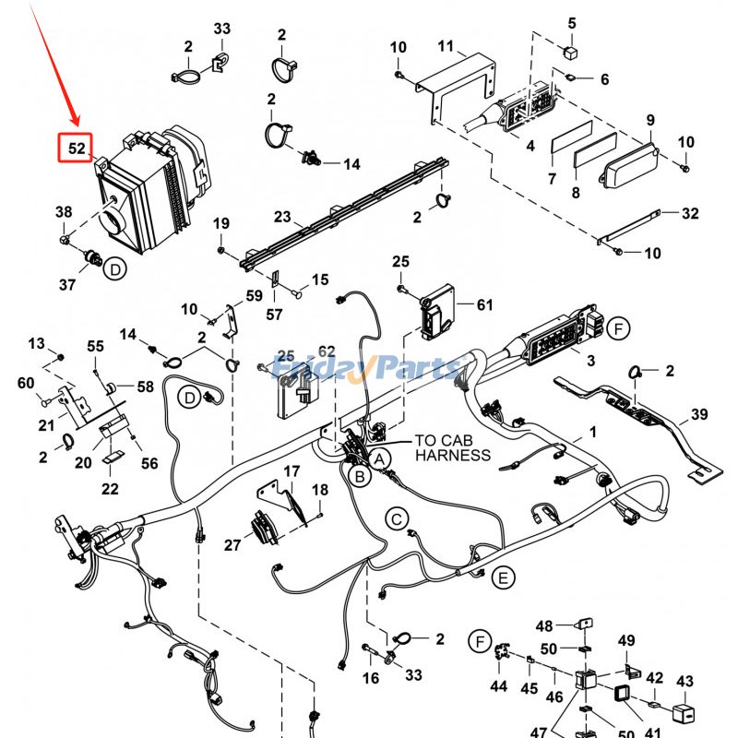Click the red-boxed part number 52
click(x=76, y=148)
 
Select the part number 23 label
click(x=282, y=218)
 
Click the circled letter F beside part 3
click(x=619, y=328)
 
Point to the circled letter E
click(x=502, y=578)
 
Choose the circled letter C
click(x=396, y=519)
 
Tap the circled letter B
click(x=359, y=476)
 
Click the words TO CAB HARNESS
click(x=453, y=448)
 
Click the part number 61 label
click(x=485, y=304)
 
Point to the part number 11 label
click(x=446, y=46)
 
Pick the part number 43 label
click(x=684, y=682)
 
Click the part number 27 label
click(x=232, y=545)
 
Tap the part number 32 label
click(x=690, y=214)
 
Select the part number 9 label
click(x=650, y=120)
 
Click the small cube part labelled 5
click(x=571, y=51)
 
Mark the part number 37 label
click(x=67, y=285)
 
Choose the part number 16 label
click(x=370, y=678)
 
